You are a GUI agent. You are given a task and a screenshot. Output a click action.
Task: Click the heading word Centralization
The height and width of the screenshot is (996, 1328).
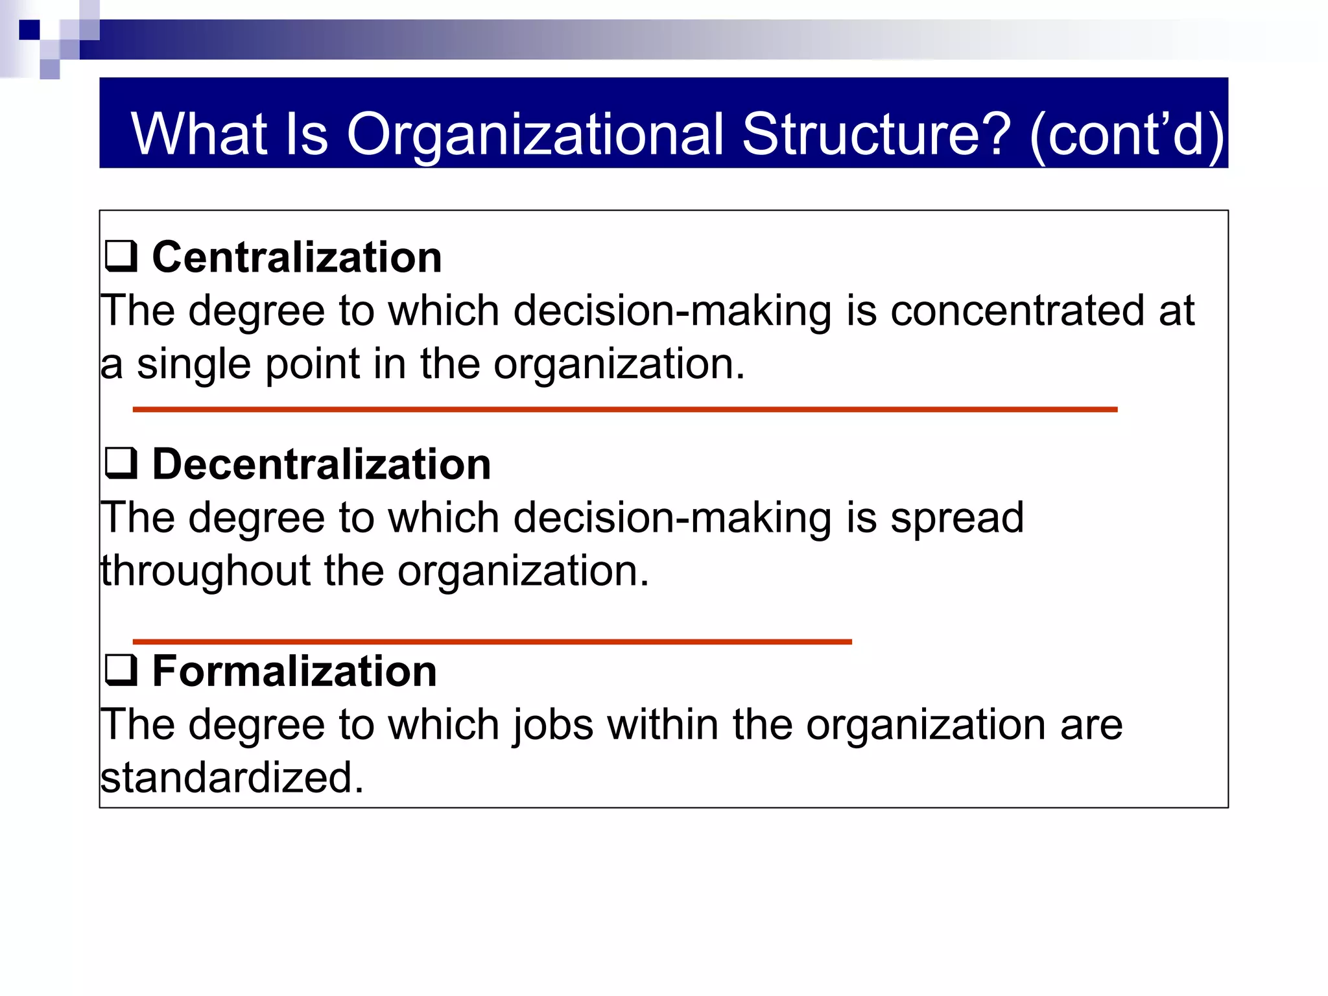click(x=296, y=257)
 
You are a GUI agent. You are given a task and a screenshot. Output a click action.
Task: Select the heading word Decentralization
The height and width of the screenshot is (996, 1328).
click(x=321, y=464)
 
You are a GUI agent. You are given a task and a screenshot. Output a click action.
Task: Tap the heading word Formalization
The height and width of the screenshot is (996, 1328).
click(x=294, y=671)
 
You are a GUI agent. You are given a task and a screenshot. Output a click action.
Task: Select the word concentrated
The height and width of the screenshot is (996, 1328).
click(x=1017, y=311)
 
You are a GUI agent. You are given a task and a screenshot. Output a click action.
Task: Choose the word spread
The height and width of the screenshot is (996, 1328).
click(x=957, y=518)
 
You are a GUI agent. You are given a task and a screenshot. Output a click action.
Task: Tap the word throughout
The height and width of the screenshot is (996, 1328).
click(x=206, y=571)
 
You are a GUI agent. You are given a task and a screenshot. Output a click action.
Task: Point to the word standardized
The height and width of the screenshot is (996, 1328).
click(x=231, y=777)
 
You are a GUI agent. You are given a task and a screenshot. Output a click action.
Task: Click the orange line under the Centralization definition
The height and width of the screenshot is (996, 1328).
click(x=624, y=410)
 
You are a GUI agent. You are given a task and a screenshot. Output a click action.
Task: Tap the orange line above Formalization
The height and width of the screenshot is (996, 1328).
click(x=492, y=642)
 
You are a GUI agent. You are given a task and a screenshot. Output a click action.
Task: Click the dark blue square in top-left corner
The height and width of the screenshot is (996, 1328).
click(x=29, y=30)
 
